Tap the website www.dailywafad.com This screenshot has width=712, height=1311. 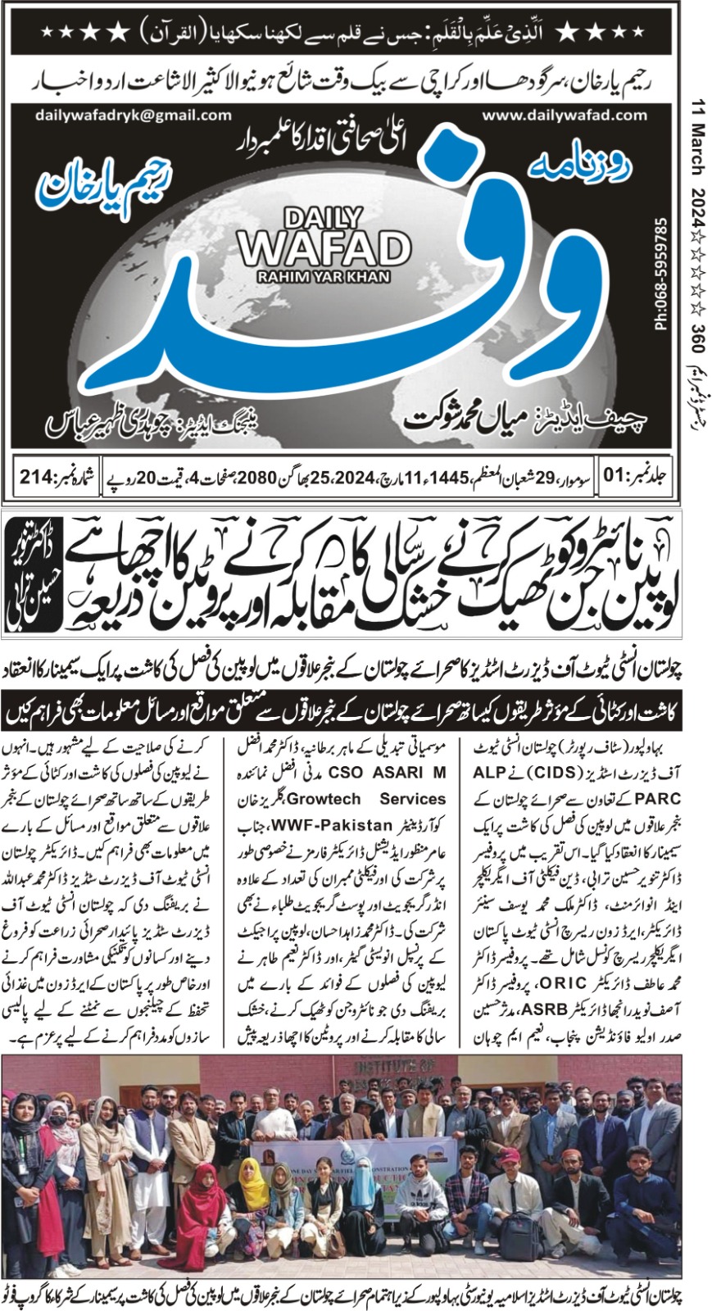[x=565, y=116]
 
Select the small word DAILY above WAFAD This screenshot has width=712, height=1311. [x=323, y=218]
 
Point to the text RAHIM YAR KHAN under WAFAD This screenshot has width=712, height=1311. [x=324, y=277]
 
